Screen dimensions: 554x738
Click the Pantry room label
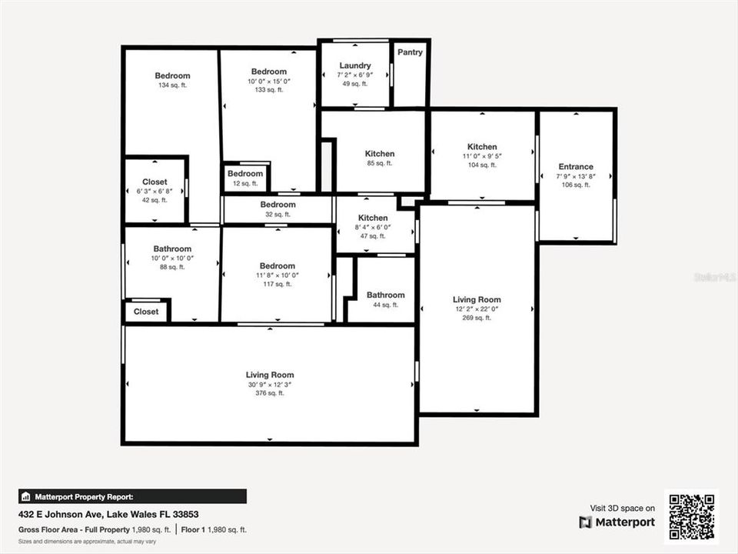[x=411, y=52]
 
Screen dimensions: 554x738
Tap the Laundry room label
[x=355, y=65]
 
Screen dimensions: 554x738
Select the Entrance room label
[x=576, y=166]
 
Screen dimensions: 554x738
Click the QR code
[x=692, y=517]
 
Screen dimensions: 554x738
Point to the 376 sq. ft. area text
[x=270, y=393]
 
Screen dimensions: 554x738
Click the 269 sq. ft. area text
[x=477, y=318]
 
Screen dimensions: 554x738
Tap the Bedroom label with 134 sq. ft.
[x=172, y=75]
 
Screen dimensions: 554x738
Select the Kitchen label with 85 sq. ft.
[x=380, y=154]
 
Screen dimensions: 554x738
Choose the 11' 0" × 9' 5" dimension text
[x=482, y=156]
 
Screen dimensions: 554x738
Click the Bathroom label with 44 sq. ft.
[x=385, y=295]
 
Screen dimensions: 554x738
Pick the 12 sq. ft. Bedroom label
[x=245, y=174]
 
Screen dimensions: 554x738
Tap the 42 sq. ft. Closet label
[x=155, y=182]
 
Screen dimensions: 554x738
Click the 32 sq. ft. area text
[x=278, y=215]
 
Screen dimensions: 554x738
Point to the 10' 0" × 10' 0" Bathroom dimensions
[x=172, y=259]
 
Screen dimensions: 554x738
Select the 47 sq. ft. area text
[x=373, y=236]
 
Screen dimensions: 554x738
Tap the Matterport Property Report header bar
[x=132, y=496]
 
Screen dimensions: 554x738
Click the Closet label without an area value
[x=146, y=312]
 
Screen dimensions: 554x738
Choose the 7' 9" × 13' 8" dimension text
[x=576, y=176]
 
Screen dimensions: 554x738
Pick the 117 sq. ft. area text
[x=277, y=285]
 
